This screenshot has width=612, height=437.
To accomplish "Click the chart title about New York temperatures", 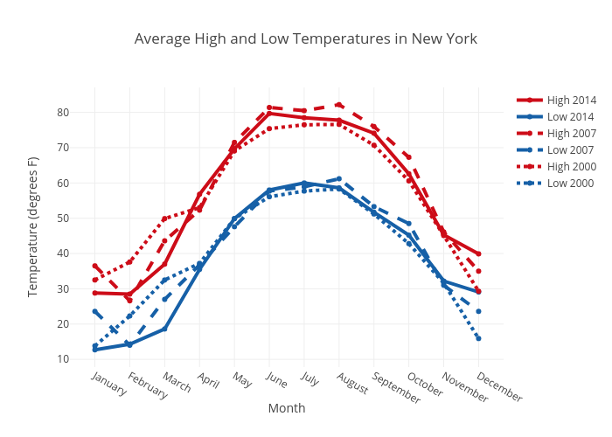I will tap(306, 39).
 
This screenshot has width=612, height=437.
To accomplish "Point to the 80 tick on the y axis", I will tap(64, 112).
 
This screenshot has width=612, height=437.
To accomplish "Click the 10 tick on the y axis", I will tap(64, 359).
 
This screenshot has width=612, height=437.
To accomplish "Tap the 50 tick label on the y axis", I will tap(64, 218).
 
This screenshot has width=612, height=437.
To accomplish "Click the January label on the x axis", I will tap(108, 384).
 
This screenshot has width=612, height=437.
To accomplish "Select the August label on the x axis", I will tap(352, 382).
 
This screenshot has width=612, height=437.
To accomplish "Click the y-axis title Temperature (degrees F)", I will tap(33, 226).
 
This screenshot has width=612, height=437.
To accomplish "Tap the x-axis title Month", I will tap(287, 408).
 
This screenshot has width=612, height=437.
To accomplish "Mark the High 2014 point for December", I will tap(478, 253).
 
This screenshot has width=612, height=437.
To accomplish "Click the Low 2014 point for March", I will tap(164, 329).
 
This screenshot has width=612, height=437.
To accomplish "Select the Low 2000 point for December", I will tap(478, 338).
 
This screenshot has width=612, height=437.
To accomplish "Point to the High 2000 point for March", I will tap(164, 218).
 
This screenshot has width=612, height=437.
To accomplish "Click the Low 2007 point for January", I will tap(95, 311).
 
